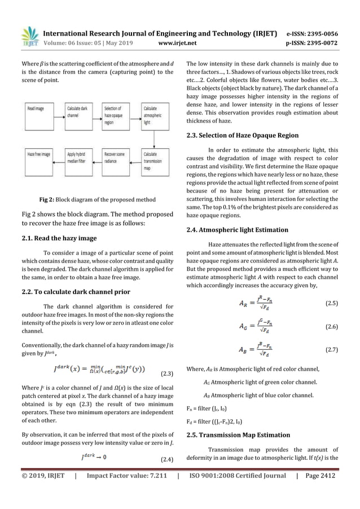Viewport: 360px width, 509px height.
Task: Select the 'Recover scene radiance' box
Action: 115,155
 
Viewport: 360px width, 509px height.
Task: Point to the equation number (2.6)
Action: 332,327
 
